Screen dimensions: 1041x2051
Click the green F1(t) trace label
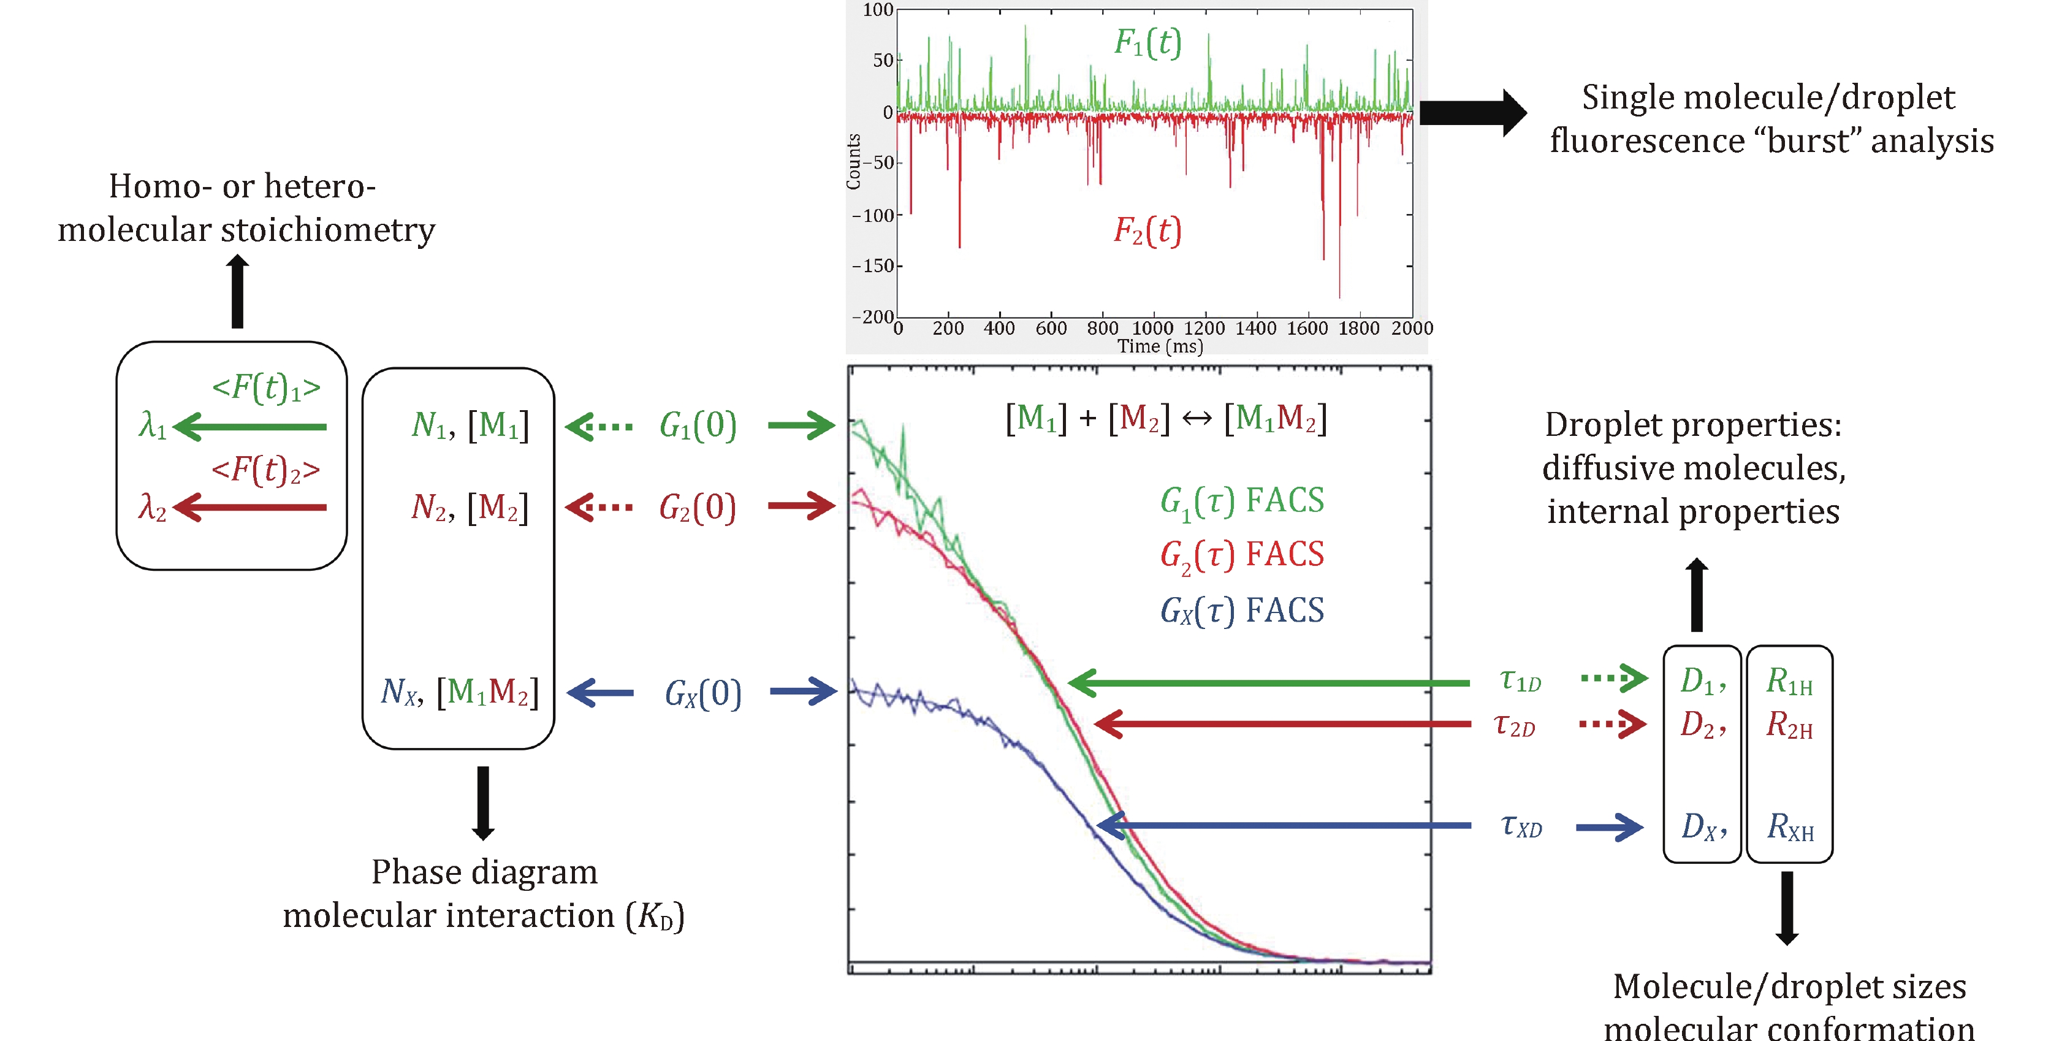1147,42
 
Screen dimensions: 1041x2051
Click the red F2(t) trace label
1147,231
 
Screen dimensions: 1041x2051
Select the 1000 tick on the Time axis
1152,328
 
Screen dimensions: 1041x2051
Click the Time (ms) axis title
1160,346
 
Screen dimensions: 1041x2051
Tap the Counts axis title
853,162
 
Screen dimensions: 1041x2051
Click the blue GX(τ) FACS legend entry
1242,610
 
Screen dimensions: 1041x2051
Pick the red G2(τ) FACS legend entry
1242,554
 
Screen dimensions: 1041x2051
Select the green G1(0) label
698,425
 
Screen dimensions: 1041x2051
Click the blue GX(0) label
703,693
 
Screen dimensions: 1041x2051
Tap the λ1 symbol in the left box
152,425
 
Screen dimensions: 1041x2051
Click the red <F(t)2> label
266,470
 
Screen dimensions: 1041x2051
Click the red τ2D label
1515,726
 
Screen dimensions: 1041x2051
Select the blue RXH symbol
1790,828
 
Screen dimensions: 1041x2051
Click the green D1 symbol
1699,682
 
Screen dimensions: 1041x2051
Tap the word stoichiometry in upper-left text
328,230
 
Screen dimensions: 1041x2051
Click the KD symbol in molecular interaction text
655,917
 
